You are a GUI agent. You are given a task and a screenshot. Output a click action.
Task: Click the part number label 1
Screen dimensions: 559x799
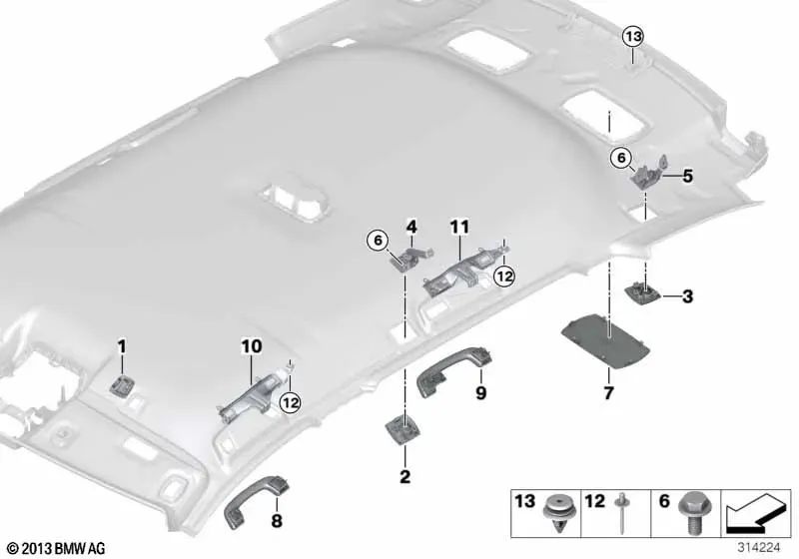tap(121, 346)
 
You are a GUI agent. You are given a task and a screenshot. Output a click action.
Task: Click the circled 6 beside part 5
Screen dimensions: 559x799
tap(620, 157)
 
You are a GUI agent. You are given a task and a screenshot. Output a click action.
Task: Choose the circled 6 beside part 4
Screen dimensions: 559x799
tap(377, 239)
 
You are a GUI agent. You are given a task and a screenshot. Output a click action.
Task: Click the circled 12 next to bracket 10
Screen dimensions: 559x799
tap(290, 401)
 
